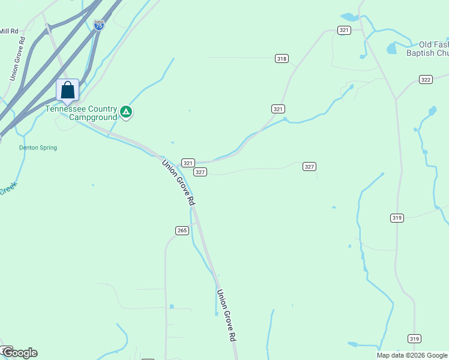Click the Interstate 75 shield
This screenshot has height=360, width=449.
[99, 25]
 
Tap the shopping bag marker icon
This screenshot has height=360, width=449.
[68, 91]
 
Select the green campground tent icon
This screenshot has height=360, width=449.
[126, 111]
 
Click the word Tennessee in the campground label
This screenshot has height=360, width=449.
[63, 109]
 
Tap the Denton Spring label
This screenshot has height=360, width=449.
[38, 148]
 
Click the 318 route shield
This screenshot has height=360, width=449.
[282, 58]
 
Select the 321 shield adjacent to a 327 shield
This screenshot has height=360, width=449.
[188, 163]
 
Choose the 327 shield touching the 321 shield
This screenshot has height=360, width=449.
[200, 172]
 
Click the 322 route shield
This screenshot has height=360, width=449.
[426, 79]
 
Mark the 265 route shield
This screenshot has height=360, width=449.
[182, 230]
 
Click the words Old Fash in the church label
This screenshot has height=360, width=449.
[433, 44]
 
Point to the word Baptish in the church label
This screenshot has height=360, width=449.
[424, 53]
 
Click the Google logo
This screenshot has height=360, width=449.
[20, 353]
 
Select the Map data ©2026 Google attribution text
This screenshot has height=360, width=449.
[412, 355]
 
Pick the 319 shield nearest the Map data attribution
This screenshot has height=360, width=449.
[414, 338]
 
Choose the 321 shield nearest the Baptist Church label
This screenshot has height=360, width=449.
[344, 30]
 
